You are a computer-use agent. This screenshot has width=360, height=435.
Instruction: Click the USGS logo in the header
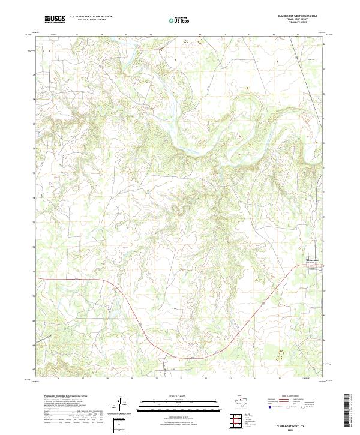(55, 19)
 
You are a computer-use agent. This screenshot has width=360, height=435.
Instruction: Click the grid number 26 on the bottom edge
(58, 379)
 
